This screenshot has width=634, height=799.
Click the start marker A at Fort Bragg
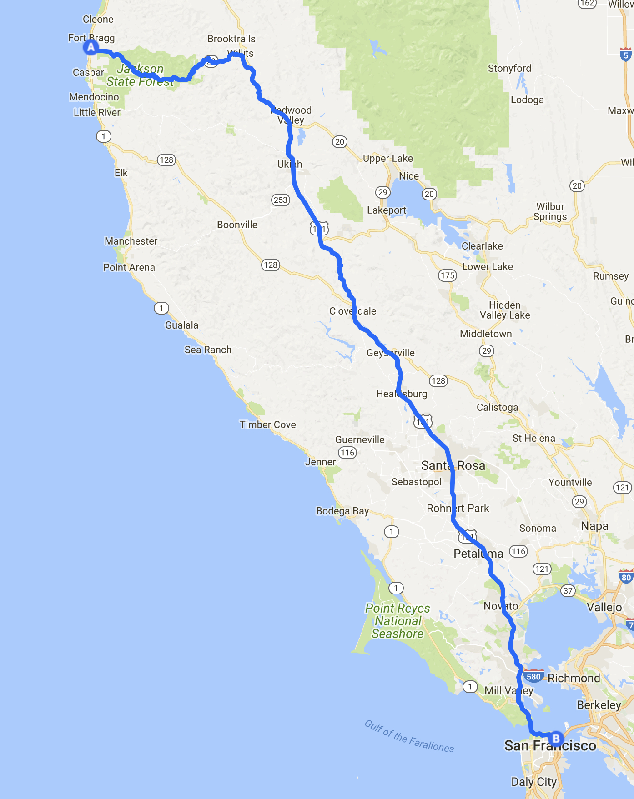coord(91,47)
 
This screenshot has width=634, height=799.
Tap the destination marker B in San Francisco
coord(556,739)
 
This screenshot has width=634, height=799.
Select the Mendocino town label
coord(94,97)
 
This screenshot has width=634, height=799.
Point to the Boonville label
coord(237,225)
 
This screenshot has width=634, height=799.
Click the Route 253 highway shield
coord(281,200)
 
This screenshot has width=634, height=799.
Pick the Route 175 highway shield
coord(448,275)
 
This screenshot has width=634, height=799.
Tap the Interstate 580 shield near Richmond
coord(533,676)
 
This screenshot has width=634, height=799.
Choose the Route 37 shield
coord(568,590)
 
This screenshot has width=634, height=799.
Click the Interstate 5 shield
coord(626,55)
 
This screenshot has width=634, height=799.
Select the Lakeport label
coord(387,210)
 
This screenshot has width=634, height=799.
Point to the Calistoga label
coord(497,407)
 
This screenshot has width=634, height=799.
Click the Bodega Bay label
coord(342,511)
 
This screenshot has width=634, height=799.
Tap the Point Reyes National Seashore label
coord(398,621)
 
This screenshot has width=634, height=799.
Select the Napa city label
coord(594,526)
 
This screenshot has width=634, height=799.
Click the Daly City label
coord(534,782)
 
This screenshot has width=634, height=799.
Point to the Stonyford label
coord(509,68)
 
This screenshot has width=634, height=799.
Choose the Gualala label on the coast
coord(181,325)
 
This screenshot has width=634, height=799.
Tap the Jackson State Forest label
coord(140,75)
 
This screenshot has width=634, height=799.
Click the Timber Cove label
coord(268,424)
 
